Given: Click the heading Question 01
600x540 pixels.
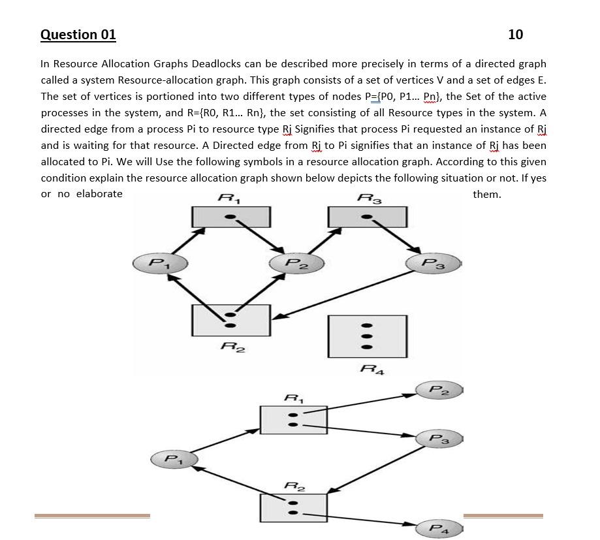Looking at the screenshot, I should (78, 35).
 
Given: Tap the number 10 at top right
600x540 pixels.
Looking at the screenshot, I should (515, 35).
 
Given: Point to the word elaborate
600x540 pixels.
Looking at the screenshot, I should (99, 194).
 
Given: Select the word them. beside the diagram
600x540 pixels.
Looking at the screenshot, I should (486, 194).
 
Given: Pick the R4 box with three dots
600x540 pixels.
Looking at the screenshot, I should (367, 336).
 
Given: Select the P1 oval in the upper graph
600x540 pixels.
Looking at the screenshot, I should (160, 263).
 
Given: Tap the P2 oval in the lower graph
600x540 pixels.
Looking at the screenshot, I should (439, 390).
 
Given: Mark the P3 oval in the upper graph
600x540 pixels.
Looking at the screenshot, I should (433, 263).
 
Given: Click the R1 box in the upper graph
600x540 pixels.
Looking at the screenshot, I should (230, 217).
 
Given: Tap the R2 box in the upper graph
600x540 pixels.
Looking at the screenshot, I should (230, 320).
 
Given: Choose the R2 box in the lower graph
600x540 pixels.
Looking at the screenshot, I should (293, 508).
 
